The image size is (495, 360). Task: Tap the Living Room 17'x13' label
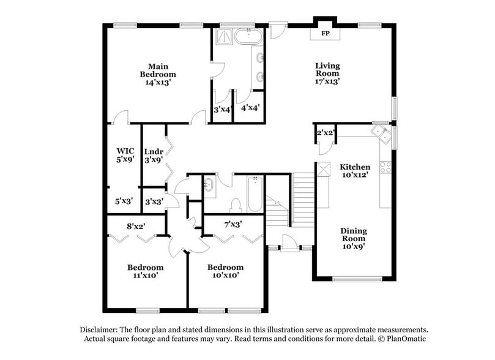point(327,73)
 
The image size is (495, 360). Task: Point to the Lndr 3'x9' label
point(153,156)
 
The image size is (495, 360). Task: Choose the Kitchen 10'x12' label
point(355,170)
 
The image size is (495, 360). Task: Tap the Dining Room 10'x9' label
point(354,238)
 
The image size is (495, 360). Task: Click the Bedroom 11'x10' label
point(145,271)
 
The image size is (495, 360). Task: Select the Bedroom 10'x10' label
point(225,271)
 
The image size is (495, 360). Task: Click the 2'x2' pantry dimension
point(325,133)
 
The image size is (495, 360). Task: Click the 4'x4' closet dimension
point(250,108)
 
